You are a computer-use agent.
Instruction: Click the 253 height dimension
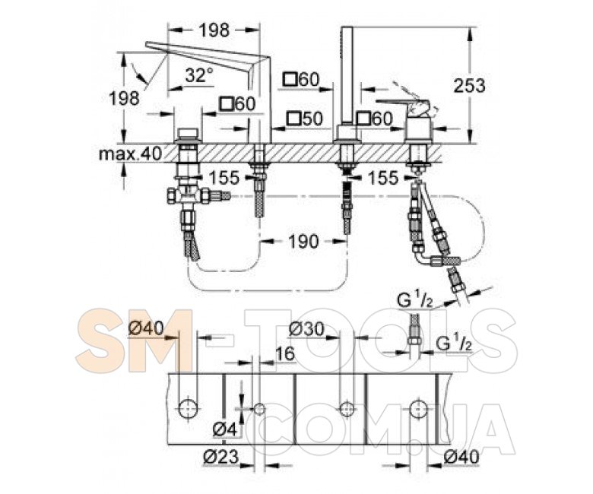point(469,86)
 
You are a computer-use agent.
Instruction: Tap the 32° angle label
point(199,75)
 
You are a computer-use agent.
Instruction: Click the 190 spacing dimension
point(303,241)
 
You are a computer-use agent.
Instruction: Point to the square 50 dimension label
point(305,119)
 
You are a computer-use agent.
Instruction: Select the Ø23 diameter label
point(222,457)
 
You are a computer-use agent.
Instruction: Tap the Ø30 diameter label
point(306,329)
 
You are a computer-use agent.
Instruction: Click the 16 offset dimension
point(284,354)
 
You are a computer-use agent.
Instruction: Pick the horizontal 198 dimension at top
point(214,30)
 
